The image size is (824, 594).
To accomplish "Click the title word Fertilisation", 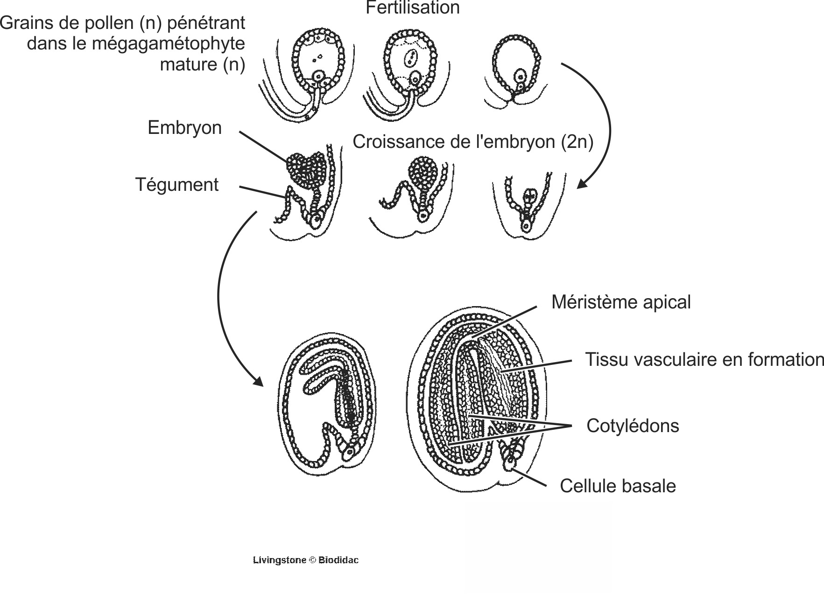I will (x=412, y=8).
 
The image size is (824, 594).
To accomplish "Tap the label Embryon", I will (x=184, y=128).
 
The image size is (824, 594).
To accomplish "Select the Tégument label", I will (x=177, y=185).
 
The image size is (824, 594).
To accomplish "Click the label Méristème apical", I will (x=620, y=302).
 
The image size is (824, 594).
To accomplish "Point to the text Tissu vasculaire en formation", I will (x=704, y=360).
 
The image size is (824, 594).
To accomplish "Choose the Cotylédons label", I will (x=633, y=426).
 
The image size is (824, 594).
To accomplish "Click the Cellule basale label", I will (x=617, y=486).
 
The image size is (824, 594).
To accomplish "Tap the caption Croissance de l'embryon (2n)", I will (x=472, y=142).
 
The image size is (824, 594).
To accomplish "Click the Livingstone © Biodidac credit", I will (x=306, y=560).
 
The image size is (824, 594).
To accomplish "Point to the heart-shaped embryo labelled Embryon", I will (x=306, y=170).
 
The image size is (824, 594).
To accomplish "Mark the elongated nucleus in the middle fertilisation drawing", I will (x=410, y=59).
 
